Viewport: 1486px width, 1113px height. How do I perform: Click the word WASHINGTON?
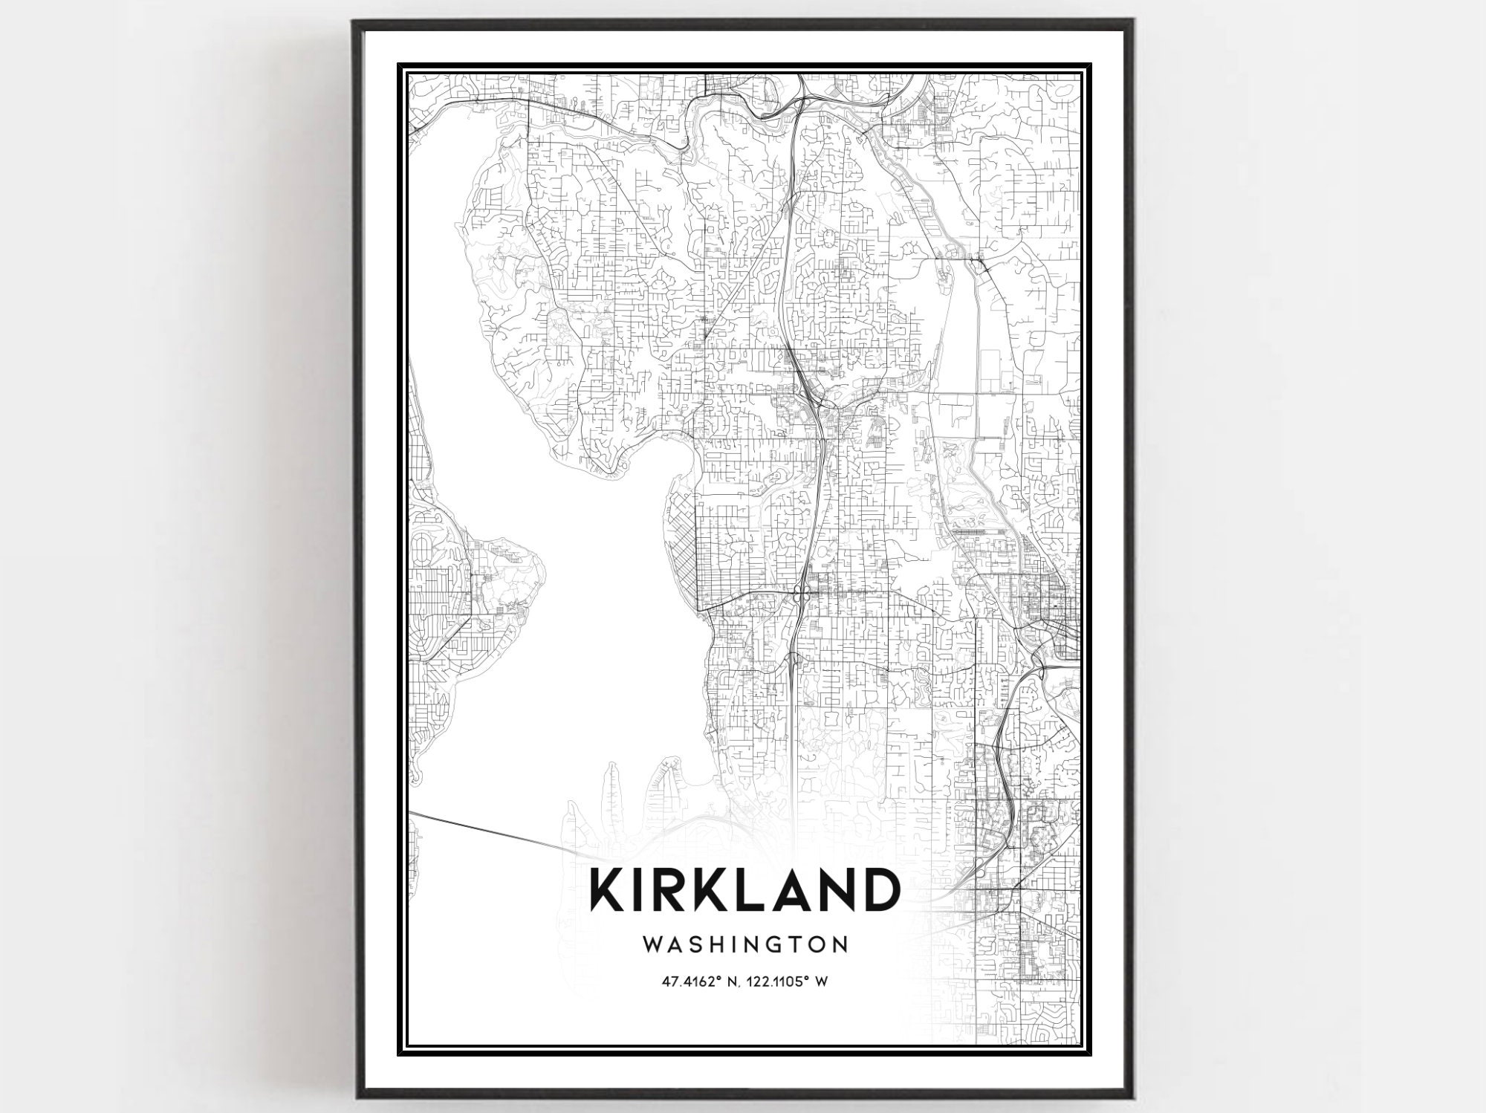point(744,944)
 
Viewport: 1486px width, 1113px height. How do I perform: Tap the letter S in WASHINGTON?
point(701,944)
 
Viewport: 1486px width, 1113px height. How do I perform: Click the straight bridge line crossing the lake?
point(490,831)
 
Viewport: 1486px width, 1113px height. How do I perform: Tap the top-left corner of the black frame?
point(356,22)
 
